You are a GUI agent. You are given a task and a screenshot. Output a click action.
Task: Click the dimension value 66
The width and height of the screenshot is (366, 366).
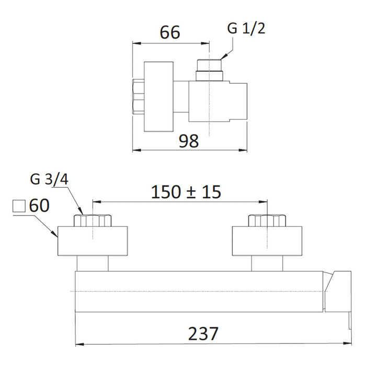click(170, 32)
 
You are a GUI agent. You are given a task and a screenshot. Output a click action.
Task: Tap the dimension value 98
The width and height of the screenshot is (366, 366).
click(189, 141)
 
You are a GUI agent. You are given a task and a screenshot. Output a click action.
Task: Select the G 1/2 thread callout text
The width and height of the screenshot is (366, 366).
click(246, 28)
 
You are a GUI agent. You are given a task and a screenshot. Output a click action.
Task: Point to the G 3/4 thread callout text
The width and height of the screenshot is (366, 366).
click(49, 179)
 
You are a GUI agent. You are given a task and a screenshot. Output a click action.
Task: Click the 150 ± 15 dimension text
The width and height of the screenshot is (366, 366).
click(186, 192)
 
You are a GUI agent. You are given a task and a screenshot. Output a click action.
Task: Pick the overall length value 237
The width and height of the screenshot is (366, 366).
click(203, 334)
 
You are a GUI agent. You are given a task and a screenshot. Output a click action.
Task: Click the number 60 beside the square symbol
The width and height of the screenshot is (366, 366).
click(39, 205)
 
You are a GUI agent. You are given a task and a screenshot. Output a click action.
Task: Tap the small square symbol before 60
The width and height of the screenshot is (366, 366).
click(19, 206)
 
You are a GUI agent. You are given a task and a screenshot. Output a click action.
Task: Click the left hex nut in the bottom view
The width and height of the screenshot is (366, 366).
click(93, 220)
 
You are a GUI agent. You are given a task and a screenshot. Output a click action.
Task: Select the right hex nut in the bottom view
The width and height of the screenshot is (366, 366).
click(267, 220)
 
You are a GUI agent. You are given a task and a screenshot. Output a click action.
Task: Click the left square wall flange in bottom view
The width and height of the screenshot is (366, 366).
click(93, 241)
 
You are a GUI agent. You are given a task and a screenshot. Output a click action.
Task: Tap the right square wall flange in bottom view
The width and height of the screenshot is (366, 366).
click(267, 241)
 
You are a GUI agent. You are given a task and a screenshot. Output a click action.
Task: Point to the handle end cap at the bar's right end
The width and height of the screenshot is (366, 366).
click(338, 292)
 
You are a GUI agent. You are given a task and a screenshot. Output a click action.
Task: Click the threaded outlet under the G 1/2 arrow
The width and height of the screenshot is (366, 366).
click(209, 70)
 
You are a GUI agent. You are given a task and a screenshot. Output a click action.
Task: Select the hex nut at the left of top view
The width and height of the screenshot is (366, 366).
click(138, 97)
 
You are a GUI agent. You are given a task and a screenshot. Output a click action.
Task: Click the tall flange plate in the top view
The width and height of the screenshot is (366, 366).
click(158, 96)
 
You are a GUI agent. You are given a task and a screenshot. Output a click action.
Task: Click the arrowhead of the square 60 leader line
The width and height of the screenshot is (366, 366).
click(54, 233)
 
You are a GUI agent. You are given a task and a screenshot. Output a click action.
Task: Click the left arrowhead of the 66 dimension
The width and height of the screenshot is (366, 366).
click(137, 43)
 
